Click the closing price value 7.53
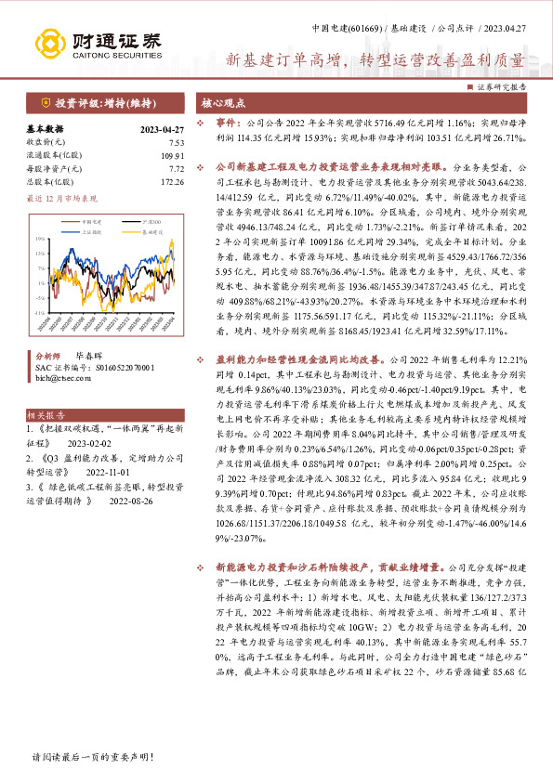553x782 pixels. [176, 142]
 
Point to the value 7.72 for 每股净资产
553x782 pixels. [176, 169]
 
